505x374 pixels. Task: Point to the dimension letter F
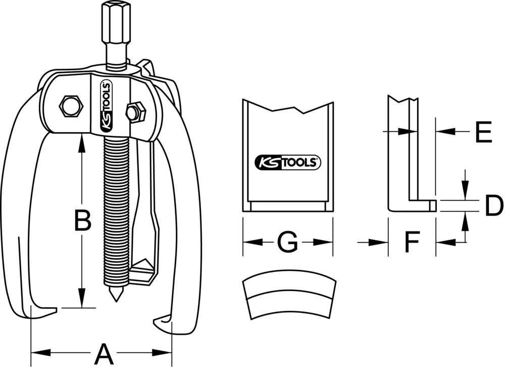point(412,243)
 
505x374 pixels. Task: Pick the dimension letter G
point(287,243)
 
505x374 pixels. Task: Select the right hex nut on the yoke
point(135,112)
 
